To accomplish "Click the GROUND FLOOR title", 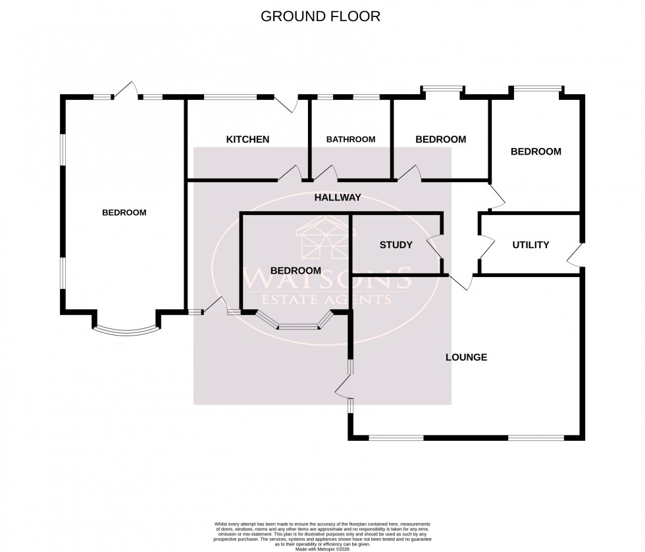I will click(321, 16).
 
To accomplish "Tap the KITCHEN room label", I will click(247, 139).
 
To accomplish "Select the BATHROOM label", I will click(351, 139).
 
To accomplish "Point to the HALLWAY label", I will click(338, 197).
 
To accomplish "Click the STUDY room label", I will click(396, 245).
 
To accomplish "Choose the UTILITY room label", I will click(530, 245).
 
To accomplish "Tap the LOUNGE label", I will click(466, 357).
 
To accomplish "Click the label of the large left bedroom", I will click(124, 213).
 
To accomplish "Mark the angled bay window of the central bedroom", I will click(298, 323).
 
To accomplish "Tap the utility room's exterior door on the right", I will click(576, 255).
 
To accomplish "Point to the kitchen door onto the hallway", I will click(288, 174).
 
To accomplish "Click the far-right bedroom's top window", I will click(538, 88).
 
